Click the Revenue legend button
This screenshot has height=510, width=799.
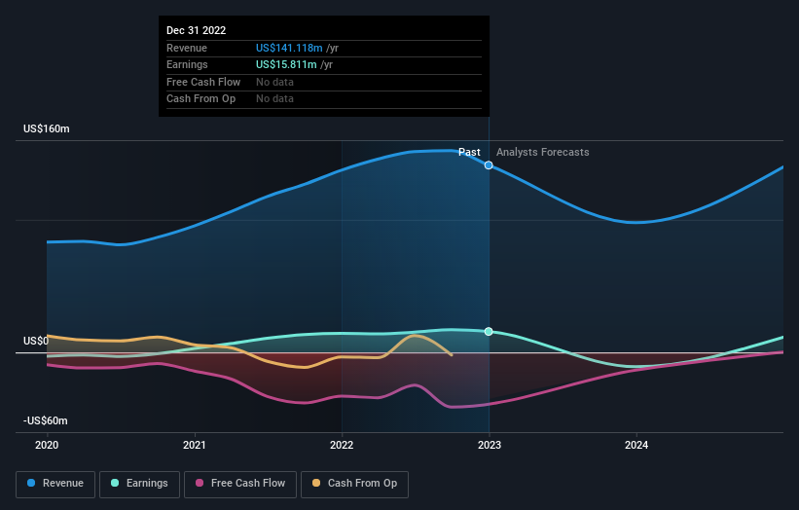click(x=56, y=484)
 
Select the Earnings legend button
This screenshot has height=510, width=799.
click(x=140, y=484)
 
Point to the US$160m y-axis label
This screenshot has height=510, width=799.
click(x=47, y=129)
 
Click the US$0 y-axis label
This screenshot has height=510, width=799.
click(x=36, y=342)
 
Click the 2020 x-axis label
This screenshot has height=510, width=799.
click(x=47, y=446)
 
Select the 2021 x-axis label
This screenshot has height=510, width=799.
click(x=196, y=446)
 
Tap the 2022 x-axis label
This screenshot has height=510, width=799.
click(x=342, y=446)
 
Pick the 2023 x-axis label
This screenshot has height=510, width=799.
click(x=489, y=446)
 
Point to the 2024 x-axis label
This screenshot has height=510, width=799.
click(x=636, y=446)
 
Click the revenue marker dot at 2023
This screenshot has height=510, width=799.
click(x=489, y=165)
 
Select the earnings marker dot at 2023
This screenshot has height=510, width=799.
click(x=489, y=332)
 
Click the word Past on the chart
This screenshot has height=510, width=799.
click(x=470, y=152)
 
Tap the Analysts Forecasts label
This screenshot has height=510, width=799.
click(x=542, y=152)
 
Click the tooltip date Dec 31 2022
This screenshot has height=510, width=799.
click(x=196, y=30)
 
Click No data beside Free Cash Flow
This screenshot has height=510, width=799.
click(x=274, y=82)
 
